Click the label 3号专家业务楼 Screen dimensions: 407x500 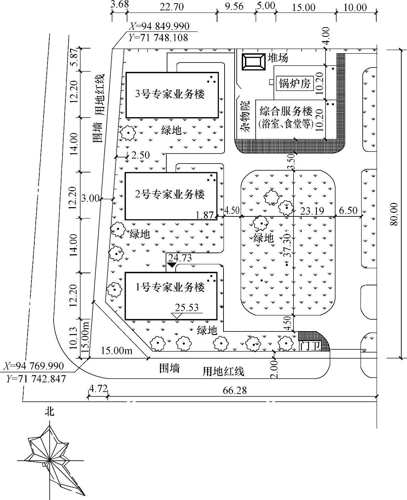[170, 94]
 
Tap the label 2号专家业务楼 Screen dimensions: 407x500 [170, 194]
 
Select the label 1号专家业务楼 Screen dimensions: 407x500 [170, 287]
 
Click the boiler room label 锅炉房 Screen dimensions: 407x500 [295, 83]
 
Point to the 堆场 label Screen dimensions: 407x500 [278, 58]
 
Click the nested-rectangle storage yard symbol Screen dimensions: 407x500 [253, 62]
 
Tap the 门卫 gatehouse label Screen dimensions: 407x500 [310, 346]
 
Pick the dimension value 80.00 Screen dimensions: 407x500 [394, 214]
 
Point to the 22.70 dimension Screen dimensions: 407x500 [172, 7]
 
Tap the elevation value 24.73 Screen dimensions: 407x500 [180, 258]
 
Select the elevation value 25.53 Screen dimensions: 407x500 [187, 307]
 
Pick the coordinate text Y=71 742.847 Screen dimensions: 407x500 [36, 379]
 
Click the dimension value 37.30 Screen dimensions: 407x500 [287, 246]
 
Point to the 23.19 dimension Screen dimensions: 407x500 [312, 211]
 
